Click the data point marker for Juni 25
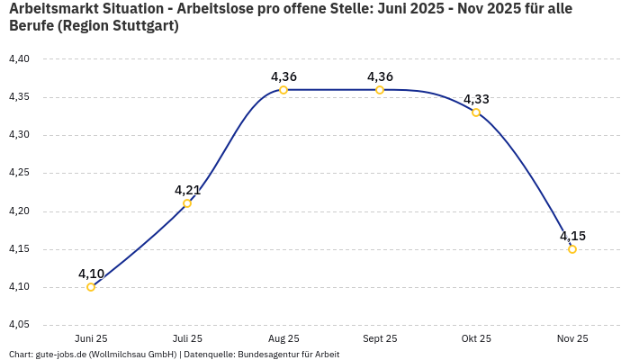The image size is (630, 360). click(91, 287)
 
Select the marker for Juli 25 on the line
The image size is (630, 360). click(187, 203)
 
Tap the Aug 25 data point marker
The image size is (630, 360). click(283, 90)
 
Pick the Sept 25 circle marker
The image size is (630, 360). click(380, 90)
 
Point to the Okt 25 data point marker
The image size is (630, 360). click(476, 112)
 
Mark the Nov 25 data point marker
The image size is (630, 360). click(572, 249)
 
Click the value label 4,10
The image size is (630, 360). click(91, 274)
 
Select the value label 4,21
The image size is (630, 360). click(187, 190)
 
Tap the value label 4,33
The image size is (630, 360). click(476, 99)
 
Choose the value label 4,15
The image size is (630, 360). click(572, 236)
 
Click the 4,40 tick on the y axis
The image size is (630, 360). click(19, 59)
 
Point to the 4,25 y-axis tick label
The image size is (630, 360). click(19, 173)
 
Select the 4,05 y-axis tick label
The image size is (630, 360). click(19, 325)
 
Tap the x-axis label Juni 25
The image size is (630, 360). click(91, 338)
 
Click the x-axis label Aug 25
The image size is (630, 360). click(283, 338)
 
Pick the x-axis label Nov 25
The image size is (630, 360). click(572, 338)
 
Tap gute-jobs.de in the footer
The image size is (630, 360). click(60, 355)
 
